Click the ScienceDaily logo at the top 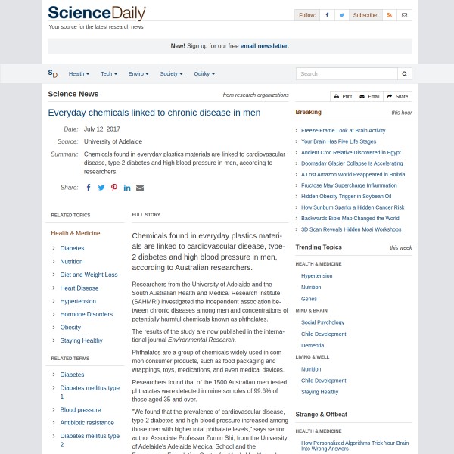point(97,13)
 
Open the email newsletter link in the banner point(264,46)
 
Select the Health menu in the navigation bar point(79,74)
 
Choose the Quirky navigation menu point(204,74)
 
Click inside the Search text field point(347,74)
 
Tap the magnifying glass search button point(405,74)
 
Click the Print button point(343,97)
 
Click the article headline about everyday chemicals point(154,113)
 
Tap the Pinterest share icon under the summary point(114,188)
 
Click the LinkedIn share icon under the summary point(127,188)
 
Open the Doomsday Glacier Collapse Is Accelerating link point(352,163)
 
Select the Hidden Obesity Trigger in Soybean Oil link point(346,196)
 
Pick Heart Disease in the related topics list point(79,288)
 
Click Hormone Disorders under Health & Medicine point(86,315)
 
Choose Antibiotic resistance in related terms point(87,423)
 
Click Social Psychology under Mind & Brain point(322,322)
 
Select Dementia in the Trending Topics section point(313,345)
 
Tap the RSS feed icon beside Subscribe point(390,15)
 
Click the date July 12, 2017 point(102,129)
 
